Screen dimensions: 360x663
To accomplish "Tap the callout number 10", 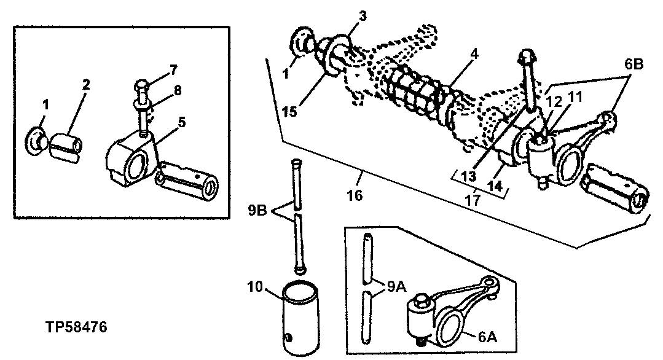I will pos(254,286).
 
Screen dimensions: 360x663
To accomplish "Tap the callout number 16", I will pos(355,196).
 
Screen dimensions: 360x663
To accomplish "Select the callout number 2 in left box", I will pos(85,85).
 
